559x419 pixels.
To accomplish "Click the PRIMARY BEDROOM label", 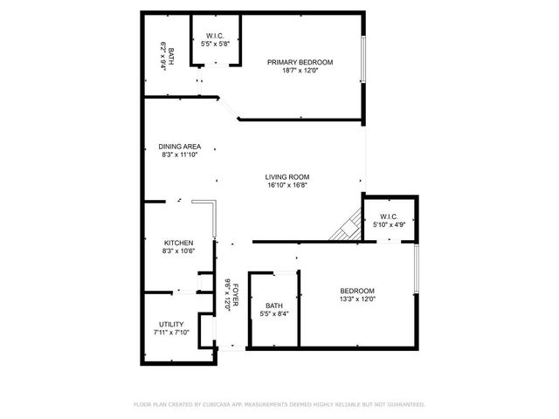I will click(x=300, y=62).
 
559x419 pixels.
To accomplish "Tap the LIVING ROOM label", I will click(x=287, y=176).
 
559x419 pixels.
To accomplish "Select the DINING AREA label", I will click(x=180, y=146).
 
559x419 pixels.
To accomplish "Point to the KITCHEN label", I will click(x=178, y=243).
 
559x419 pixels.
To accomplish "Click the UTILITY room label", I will click(x=171, y=324).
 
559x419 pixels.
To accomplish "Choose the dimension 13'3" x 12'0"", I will click(x=356, y=299).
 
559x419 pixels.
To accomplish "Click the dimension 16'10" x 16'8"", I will click(x=287, y=185).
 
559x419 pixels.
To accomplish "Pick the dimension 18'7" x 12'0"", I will click(x=300, y=71).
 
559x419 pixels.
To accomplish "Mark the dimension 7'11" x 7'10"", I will click(x=171, y=333).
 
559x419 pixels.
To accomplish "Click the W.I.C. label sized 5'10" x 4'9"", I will click(x=389, y=216).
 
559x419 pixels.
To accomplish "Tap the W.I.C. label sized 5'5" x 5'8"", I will click(x=215, y=36).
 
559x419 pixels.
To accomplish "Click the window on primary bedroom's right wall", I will click(x=362, y=62).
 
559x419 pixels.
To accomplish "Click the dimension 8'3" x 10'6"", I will click(x=178, y=251).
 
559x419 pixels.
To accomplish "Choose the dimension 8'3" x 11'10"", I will click(x=180, y=155).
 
